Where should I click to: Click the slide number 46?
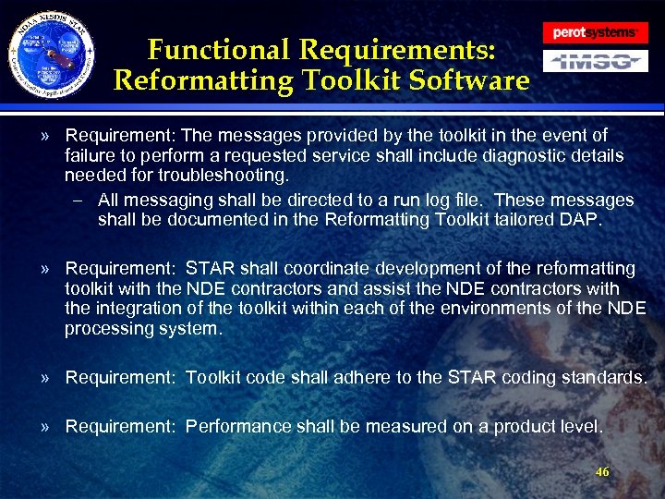tap(602, 471)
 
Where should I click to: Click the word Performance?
tap(237, 426)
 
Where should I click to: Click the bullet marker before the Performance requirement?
tap(44, 426)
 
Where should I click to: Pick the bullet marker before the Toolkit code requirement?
tap(44, 377)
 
